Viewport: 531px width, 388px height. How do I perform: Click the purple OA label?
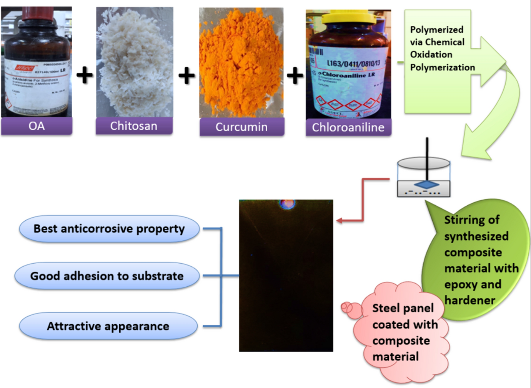37,126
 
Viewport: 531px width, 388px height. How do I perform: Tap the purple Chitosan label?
134,126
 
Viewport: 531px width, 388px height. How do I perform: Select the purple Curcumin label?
241,127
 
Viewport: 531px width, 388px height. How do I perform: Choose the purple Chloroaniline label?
348,127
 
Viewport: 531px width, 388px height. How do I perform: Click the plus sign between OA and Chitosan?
85,75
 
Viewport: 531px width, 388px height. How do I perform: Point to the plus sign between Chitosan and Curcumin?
186,75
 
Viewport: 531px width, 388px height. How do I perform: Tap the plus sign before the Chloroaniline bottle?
295,75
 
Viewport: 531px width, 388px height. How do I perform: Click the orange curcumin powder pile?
241,61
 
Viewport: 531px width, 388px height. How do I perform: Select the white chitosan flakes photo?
135,61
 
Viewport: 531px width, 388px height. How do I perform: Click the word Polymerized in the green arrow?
436,30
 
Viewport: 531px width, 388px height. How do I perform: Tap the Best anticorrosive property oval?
109,229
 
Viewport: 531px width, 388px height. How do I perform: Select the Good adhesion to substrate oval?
107,276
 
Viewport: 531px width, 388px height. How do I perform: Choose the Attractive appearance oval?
108,326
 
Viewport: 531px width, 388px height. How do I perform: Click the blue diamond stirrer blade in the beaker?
426,185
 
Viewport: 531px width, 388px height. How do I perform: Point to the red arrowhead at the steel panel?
340,220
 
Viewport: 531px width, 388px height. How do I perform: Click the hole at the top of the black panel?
287,204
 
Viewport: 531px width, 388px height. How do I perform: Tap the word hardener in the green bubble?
469,300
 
